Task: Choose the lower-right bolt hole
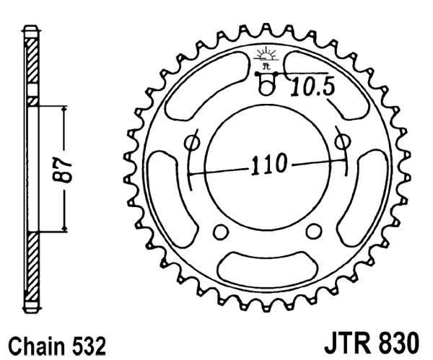(x=314, y=232)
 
